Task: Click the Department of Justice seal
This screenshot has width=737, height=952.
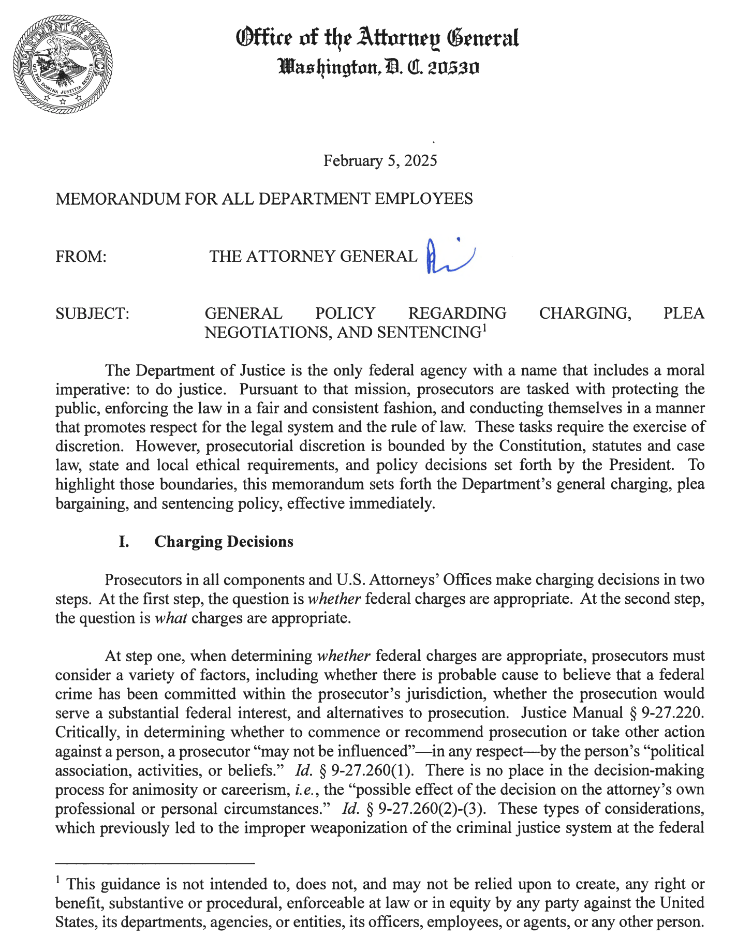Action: point(63,64)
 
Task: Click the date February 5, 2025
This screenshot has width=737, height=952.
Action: point(380,161)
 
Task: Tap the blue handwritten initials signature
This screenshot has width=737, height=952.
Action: point(448,256)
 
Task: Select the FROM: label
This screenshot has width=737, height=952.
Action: point(81,257)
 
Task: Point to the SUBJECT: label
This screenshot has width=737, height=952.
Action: point(92,314)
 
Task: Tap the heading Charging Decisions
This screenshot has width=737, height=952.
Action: point(224,542)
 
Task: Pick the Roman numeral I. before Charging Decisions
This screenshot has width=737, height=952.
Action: point(124,542)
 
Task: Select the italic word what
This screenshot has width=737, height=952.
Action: point(171,618)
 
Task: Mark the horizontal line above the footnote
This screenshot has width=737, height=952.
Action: point(155,863)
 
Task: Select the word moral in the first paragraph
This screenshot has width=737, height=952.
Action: point(686,370)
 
